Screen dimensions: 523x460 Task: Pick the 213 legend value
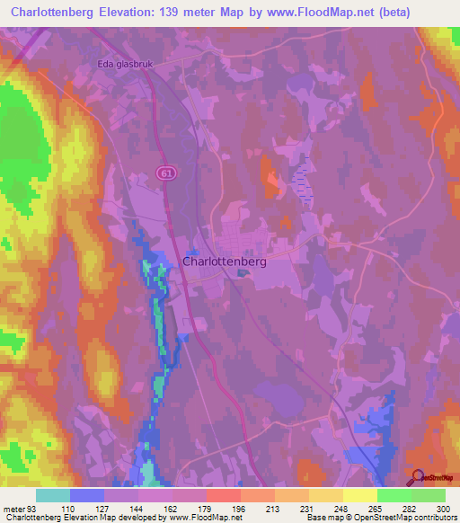click(x=274, y=510)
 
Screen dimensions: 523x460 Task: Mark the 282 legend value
click(x=410, y=510)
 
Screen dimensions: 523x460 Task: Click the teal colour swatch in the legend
click(x=53, y=495)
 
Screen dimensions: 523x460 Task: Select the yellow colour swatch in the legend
click(x=359, y=495)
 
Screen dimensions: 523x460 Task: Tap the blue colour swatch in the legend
click(x=87, y=495)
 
